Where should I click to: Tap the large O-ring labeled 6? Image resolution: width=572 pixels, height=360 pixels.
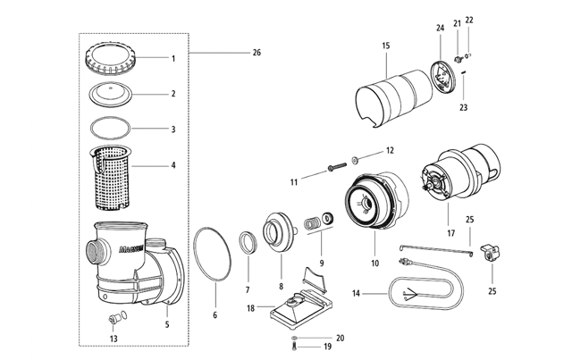coord(212,254)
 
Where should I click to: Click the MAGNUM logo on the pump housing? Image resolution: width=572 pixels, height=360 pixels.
coord(131,249)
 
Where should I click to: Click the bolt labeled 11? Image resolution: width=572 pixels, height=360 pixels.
coord(337,167)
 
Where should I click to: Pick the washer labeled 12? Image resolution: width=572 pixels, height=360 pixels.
coord(355,159)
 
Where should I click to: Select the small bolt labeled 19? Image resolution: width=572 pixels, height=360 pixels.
coord(294,347)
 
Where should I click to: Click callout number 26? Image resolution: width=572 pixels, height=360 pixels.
coord(257,53)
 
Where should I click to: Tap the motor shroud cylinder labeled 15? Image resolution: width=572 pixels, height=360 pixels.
coord(394,97)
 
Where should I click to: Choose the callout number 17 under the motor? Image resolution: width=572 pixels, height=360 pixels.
coord(451,233)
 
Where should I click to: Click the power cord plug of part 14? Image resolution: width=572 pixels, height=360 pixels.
coord(404,261)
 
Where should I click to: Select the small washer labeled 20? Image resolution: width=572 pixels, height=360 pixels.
coord(294,339)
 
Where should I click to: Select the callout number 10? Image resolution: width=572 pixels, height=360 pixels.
coord(375,263)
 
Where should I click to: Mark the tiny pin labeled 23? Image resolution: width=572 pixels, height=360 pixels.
coord(463,72)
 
